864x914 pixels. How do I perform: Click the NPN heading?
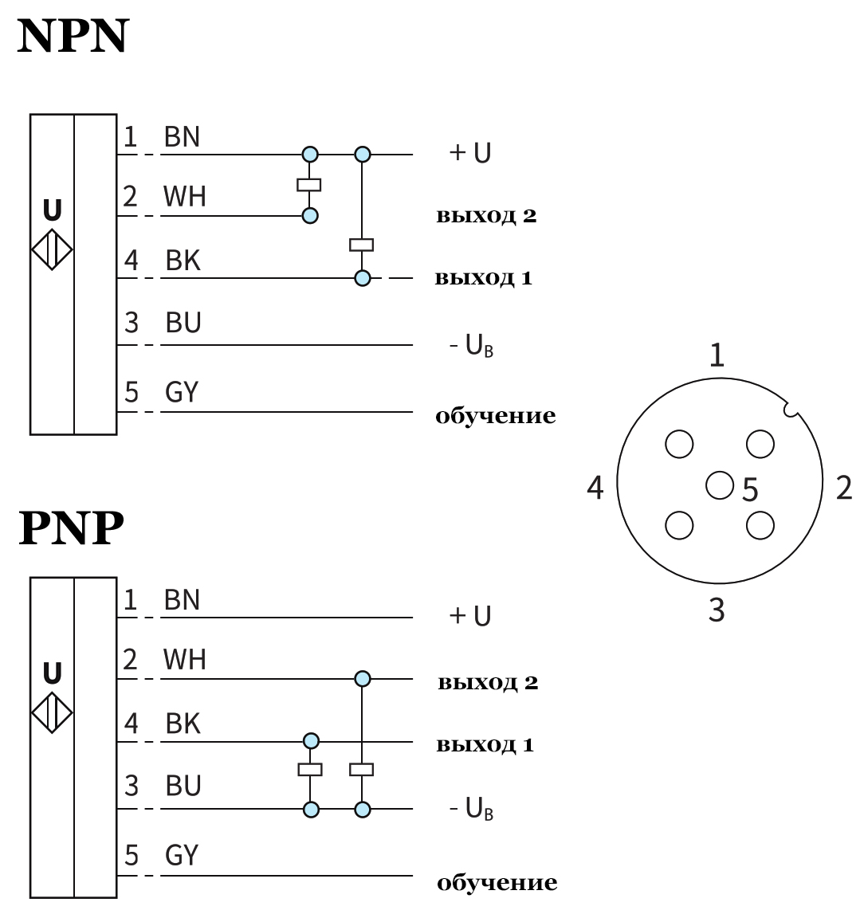tap(73, 37)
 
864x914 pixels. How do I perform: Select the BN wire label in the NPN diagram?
tap(182, 138)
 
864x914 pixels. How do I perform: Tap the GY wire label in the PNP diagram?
tap(182, 855)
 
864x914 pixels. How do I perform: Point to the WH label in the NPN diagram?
tap(185, 197)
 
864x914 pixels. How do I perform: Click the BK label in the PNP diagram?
tap(183, 724)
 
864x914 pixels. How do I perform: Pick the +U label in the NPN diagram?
tap(469, 153)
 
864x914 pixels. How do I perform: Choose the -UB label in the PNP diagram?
tap(470, 810)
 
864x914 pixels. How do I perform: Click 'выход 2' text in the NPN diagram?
tap(486, 216)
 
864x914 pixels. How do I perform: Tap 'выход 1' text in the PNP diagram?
tap(485, 746)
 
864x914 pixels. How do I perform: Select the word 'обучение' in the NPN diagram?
tap(495, 416)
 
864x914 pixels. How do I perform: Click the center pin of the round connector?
tap(719, 484)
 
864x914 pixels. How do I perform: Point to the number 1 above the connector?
tap(717, 355)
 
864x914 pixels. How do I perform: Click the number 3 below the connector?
tap(717, 611)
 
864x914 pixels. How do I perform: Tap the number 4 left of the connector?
tap(595, 488)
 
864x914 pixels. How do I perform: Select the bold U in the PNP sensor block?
tap(52, 673)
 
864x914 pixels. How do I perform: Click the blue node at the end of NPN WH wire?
tap(310, 215)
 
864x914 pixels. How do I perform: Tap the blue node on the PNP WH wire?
tap(363, 679)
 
